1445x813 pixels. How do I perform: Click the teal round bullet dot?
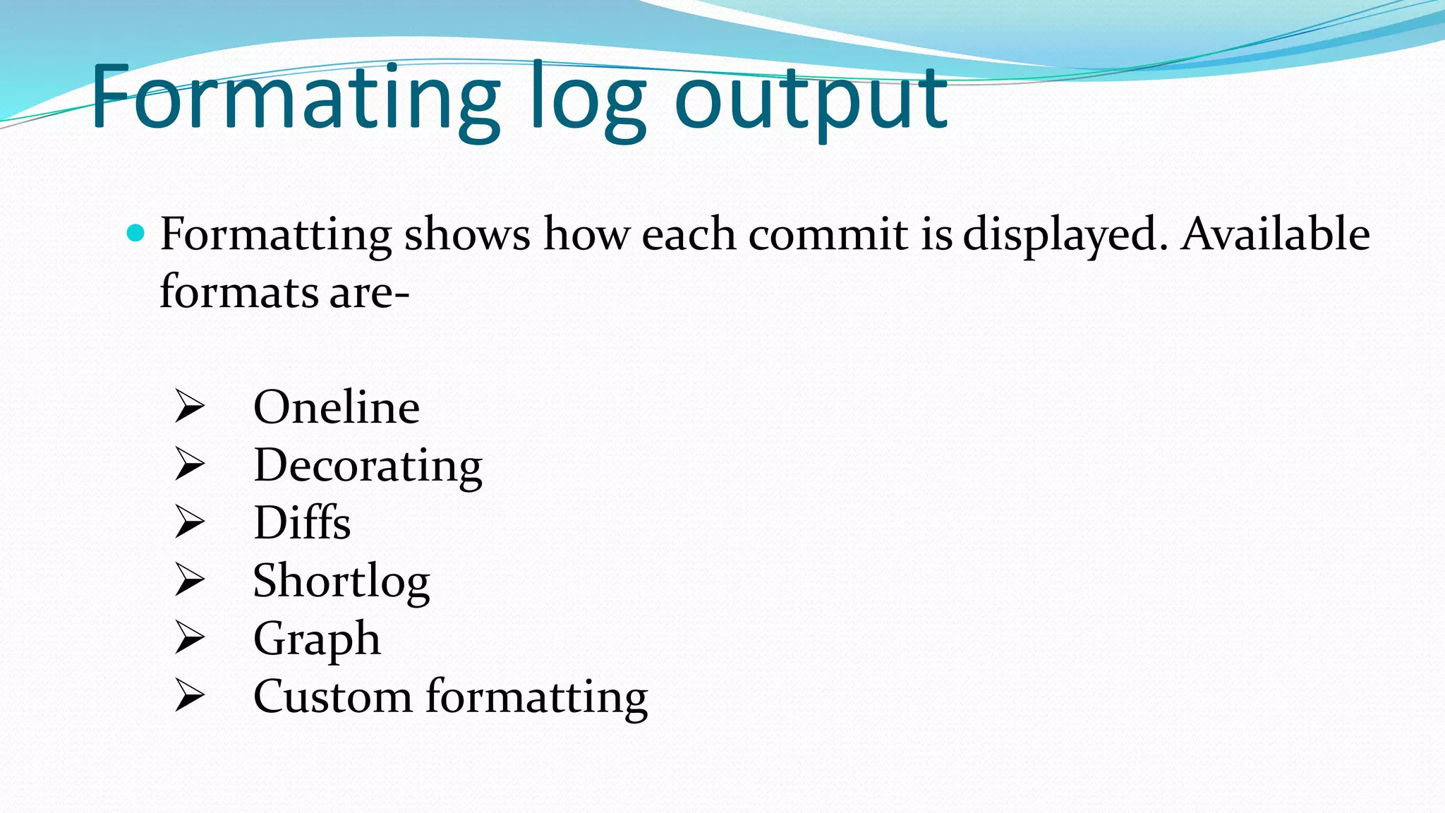(x=135, y=232)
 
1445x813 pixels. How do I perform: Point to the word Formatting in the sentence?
(x=275, y=235)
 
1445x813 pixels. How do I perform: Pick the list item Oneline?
(x=337, y=407)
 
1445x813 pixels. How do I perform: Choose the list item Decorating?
(x=368, y=466)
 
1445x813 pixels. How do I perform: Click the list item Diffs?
(x=302, y=523)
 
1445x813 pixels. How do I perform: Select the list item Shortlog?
(x=341, y=582)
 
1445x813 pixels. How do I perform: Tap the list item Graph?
(x=317, y=639)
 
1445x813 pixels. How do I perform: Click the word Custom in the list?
(x=332, y=697)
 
